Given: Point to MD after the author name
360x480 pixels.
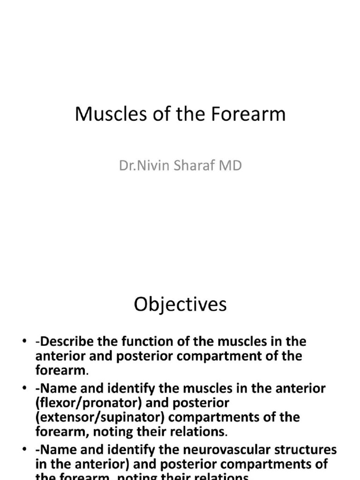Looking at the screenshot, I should (x=232, y=165).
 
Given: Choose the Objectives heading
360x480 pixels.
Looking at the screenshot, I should (x=180, y=305).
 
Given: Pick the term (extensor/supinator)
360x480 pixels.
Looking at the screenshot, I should (x=97, y=417).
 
